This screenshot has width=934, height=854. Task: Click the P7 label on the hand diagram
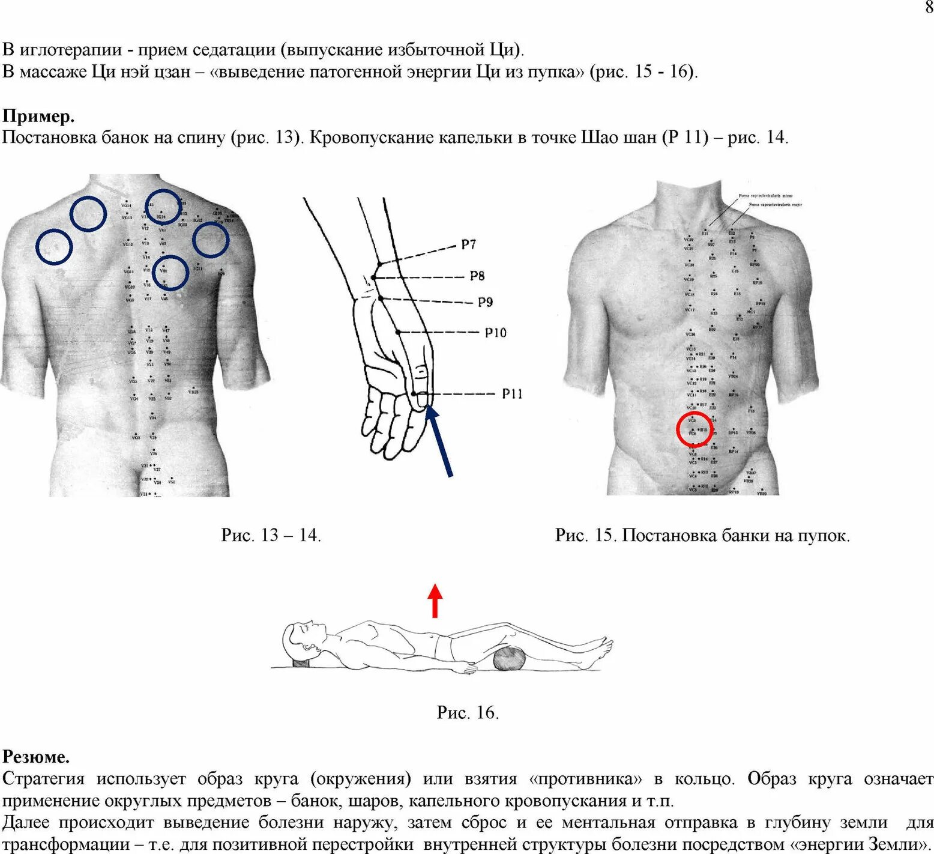[468, 244]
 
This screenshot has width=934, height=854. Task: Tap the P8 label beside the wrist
[477, 276]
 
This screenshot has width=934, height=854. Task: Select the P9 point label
[485, 301]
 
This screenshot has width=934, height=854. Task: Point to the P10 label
[495, 332]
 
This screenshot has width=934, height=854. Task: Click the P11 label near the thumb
[512, 393]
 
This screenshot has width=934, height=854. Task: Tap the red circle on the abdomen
[694, 429]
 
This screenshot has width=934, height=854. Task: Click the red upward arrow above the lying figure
[435, 600]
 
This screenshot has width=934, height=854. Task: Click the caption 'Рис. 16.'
[468, 712]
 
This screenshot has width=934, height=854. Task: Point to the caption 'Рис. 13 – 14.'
[271, 535]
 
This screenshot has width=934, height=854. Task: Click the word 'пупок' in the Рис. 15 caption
[823, 535]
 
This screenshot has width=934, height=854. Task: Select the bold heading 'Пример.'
[38, 115]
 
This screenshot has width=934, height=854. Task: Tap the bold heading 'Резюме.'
[36, 756]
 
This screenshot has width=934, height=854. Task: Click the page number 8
[929, 8]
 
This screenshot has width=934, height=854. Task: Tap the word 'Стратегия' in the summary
[44, 779]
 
